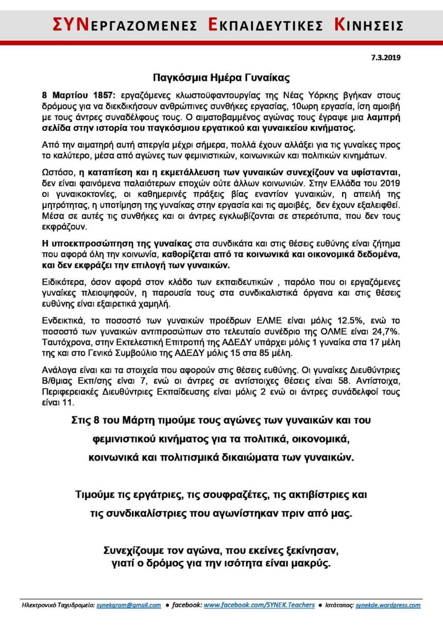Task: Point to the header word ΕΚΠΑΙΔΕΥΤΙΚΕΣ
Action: click(265, 25)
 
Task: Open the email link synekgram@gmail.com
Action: click(129, 605)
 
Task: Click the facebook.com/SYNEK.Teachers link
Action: click(259, 605)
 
